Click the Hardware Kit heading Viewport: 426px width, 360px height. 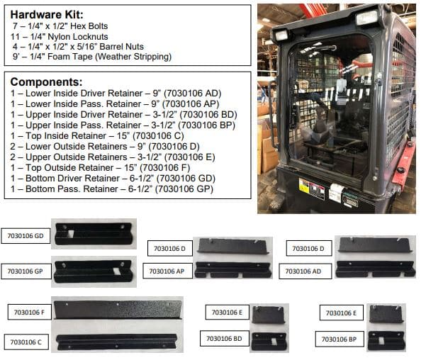[46, 14]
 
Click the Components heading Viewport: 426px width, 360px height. [45, 81]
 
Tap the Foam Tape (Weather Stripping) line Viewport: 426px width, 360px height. [92, 57]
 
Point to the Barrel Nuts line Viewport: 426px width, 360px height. [84, 47]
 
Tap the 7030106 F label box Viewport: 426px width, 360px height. [28, 312]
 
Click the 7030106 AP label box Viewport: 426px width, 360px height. [168, 271]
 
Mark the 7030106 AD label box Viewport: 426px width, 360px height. [306, 271]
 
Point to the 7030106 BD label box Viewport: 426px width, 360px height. [223, 339]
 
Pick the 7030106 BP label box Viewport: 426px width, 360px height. [339, 339]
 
